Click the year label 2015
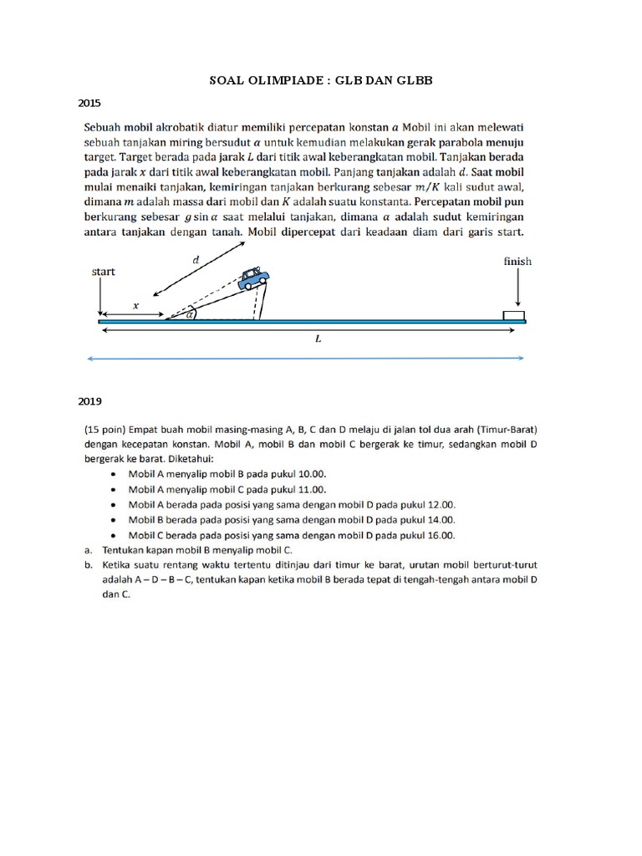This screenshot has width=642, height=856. tap(89, 104)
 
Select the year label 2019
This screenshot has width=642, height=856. tap(89, 400)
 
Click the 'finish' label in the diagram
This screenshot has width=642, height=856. tap(517, 262)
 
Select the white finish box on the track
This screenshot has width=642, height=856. tap(513, 315)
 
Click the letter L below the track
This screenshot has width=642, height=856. tap(317, 341)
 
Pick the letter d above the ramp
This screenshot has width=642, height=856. tap(196, 260)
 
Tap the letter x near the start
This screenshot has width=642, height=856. tap(136, 306)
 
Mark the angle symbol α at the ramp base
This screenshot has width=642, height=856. tap(190, 315)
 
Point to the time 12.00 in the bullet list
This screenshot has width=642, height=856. tap(439, 505)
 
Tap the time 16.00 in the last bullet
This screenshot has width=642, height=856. tap(438, 536)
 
